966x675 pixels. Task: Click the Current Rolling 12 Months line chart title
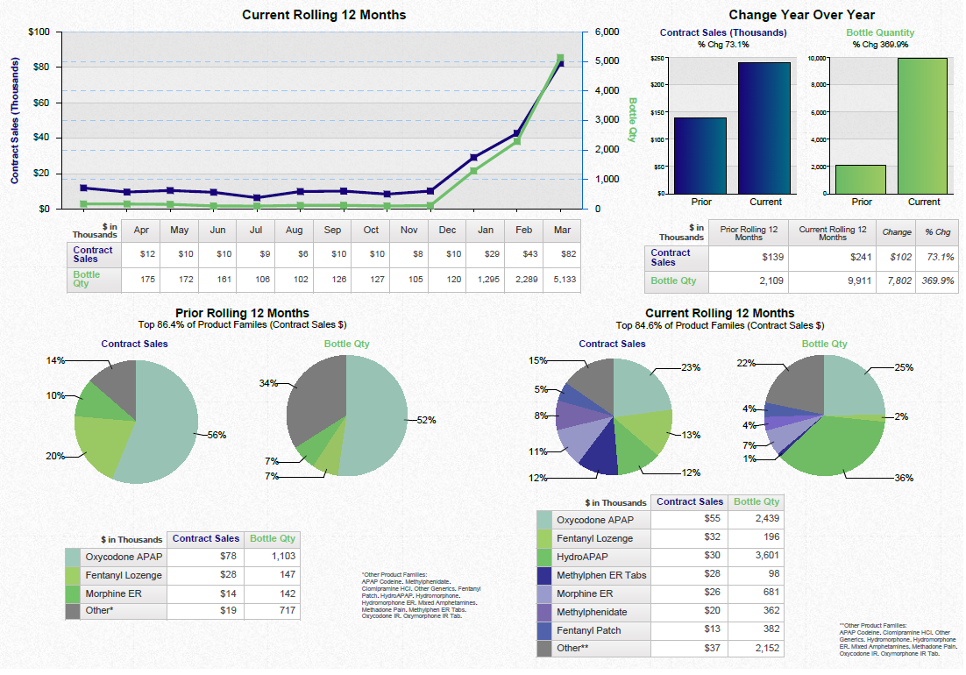pyautogui.click(x=323, y=15)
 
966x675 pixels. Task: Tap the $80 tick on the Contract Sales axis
pyautogui.click(x=40, y=67)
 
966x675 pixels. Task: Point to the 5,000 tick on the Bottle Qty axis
pyautogui.click(x=607, y=61)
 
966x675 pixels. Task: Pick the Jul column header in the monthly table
pyautogui.click(x=256, y=230)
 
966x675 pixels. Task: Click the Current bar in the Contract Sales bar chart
pyautogui.click(x=765, y=127)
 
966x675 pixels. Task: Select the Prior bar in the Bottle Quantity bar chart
pyautogui.click(x=861, y=179)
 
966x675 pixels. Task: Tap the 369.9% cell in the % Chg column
pyautogui.click(x=934, y=281)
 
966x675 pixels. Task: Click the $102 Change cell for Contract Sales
pyautogui.click(x=896, y=258)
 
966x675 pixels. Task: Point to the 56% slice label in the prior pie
pyautogui.click(x=216, y=435)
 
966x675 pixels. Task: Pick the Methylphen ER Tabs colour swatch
pyautogui.click(x=544, y=575)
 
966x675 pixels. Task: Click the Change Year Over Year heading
pyautogui.click(x=801, y=15)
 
